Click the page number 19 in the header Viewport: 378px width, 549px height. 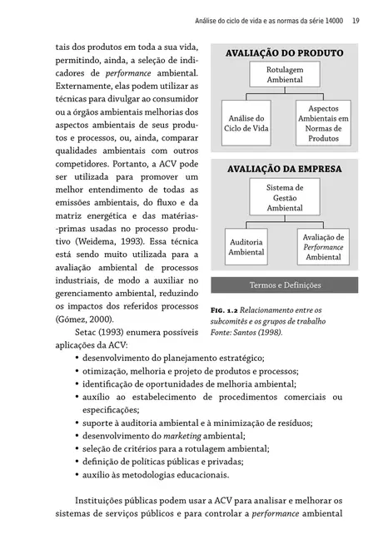[355, 21]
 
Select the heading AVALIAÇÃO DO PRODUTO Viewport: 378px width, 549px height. [284, 53]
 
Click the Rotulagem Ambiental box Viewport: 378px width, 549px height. [284, 75]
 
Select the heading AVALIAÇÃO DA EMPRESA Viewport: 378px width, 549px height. [284, 169]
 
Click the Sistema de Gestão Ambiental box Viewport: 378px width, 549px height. [284, 198]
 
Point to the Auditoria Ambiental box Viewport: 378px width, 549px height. [246, 246]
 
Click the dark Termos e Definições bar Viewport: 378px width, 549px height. [284, 285]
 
